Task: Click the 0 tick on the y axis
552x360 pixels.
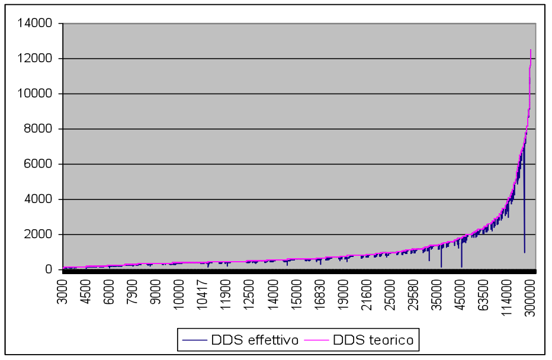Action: pyautogui.click(x=50, y=269)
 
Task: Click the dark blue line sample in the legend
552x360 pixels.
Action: pyautogui.click(x=195, y=340)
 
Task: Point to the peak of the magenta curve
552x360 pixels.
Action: pyautogui.click(x=531, y=50)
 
